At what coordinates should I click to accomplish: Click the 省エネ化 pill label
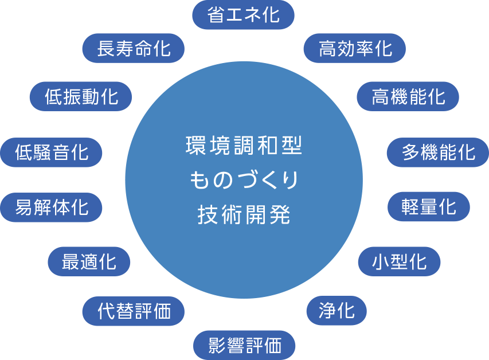(x=243, y=15)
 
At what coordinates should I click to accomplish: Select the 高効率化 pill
(x=355, y=49)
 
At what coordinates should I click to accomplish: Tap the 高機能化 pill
(x=408, y=96)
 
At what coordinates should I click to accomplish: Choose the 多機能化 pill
(x=438, y=152)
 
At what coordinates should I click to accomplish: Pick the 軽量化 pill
(x=428, y=206)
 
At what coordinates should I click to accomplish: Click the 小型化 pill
(x=399, y=262)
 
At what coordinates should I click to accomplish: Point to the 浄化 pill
(x=337, y=311)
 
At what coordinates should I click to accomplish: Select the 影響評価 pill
(x=244, y=346)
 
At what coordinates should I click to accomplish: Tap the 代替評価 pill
(x=134, y=312)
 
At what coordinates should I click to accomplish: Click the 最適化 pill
(x=89, y=262)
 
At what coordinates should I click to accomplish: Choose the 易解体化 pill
(x=52, y=207)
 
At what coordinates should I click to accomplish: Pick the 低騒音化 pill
(x=52, y=152)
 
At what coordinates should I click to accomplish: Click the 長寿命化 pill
(x=134, y=49)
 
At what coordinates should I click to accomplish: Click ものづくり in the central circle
(x=244, y=181)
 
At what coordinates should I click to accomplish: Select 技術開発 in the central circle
(x=244, y=215)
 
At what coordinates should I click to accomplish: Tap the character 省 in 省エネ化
(x=216, y=15)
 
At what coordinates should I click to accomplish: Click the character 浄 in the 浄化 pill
(x=328, y=311)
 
